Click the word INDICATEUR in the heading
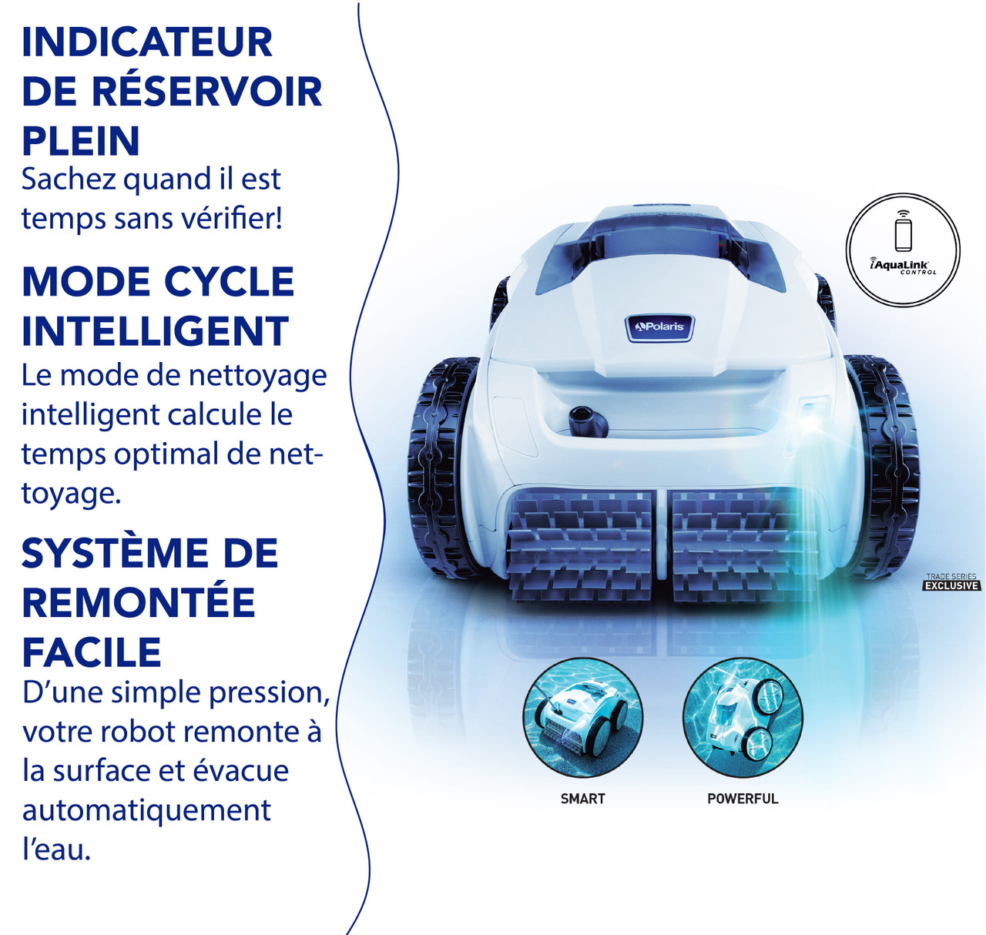point(146,43)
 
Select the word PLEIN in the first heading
point(81,142)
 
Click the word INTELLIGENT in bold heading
point(155,332)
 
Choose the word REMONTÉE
point(139,603)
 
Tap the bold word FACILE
point(92,653)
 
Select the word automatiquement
point(146,810)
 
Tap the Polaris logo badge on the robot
point(659,327)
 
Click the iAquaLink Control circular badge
point(903,250)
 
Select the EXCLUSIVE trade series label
point(951,585)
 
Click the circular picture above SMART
point(582,718)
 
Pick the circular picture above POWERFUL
point(743,718)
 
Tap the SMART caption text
point(582,799)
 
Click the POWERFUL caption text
point(743,799)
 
